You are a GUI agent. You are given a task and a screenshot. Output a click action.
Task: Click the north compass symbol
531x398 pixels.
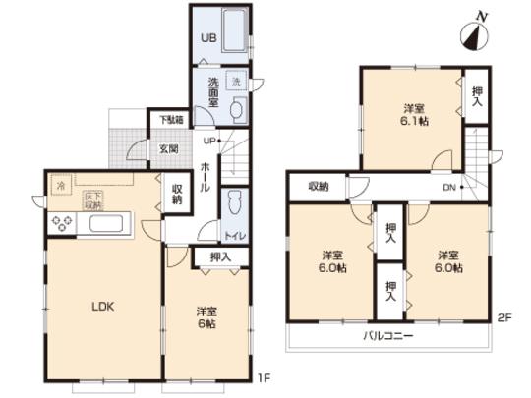[x=475, y=35]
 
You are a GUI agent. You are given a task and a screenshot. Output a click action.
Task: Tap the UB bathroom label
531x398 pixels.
[x=208, y=38]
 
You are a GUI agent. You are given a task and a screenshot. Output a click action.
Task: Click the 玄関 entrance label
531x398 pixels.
[x=168, y=149]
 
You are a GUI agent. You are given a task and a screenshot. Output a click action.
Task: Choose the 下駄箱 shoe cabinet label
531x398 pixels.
[x=169, y=121]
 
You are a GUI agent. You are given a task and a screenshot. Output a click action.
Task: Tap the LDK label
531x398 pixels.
[x=104, y=307]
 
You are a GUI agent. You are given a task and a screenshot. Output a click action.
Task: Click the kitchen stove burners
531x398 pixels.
[x=61, y=223]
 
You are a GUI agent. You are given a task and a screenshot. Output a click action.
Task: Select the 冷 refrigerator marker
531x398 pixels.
[x=60, y=185]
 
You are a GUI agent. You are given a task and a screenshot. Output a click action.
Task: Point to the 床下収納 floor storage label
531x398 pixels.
[x=92, y=200]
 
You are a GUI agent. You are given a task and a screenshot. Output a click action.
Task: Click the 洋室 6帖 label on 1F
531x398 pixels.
[x=207, y=318]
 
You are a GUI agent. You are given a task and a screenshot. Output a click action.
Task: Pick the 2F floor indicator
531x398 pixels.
[x=505, y=317]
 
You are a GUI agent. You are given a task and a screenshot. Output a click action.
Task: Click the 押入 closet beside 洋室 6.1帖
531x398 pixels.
[x=476, y=95]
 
